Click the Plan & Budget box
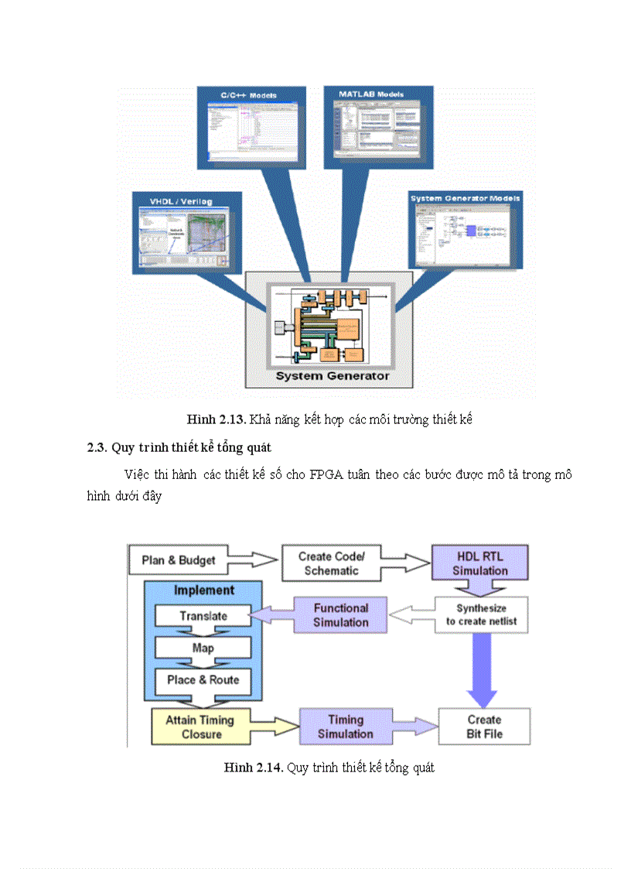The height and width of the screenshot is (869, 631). [178, 559]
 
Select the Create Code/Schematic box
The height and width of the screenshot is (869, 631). [331, 563]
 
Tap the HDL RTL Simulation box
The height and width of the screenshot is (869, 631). [480, 563]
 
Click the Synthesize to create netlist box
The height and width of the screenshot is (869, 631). [481, 614]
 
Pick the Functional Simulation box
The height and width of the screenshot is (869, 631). [340, 614]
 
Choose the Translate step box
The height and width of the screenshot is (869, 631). [203, 616]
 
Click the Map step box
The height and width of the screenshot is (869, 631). [203, 648]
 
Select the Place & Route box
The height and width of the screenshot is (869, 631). [203, 679]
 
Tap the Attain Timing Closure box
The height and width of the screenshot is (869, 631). [202, 727]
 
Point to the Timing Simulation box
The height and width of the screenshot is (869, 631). [345, 727]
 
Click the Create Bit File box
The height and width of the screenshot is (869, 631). [484, 727]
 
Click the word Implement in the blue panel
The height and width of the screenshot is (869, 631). [203, 590]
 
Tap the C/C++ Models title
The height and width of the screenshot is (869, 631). [248, 95]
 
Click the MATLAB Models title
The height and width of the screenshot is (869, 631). [371, 94]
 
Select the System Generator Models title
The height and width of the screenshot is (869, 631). [466, 198]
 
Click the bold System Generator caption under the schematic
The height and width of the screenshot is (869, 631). [333, 377]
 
